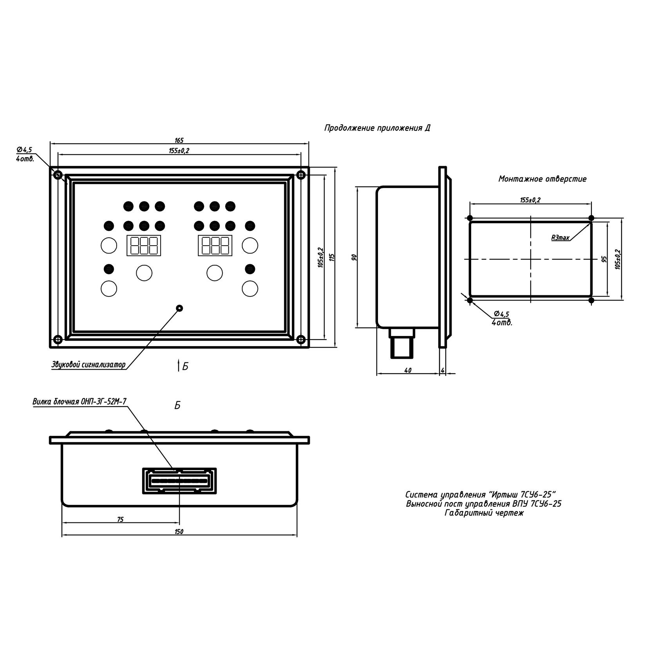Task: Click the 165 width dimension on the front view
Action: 179,140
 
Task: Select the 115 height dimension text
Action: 332,257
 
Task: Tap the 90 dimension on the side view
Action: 354,257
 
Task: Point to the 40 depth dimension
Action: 408,370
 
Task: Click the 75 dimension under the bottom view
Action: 120,519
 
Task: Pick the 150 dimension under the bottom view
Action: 179,532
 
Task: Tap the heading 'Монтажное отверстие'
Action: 542,179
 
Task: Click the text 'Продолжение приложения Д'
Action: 377,128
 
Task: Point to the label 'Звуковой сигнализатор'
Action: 89,365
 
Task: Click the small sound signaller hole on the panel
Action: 179,308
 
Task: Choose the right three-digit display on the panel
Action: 215,246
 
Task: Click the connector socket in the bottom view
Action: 179,480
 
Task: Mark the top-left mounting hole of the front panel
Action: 57,174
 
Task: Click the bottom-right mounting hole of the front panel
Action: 301,339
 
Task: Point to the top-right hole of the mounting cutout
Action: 591,218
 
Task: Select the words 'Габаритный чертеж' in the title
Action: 484,513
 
